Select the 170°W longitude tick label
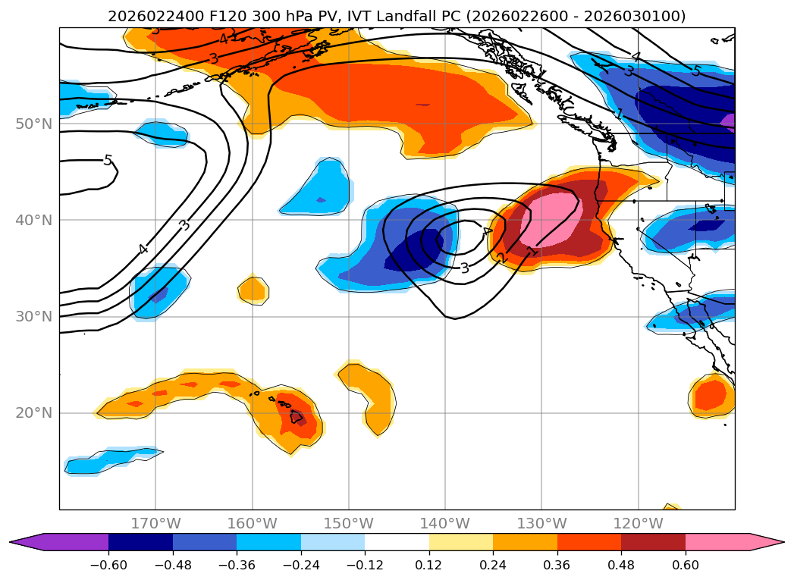point(155,523)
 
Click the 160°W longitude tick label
point(252,523)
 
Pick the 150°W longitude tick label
point(348,523)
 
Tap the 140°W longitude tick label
point(444,523)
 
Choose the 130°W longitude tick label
point(541,523)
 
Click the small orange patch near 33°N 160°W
point(253,289)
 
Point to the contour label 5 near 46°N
point(108,161)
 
